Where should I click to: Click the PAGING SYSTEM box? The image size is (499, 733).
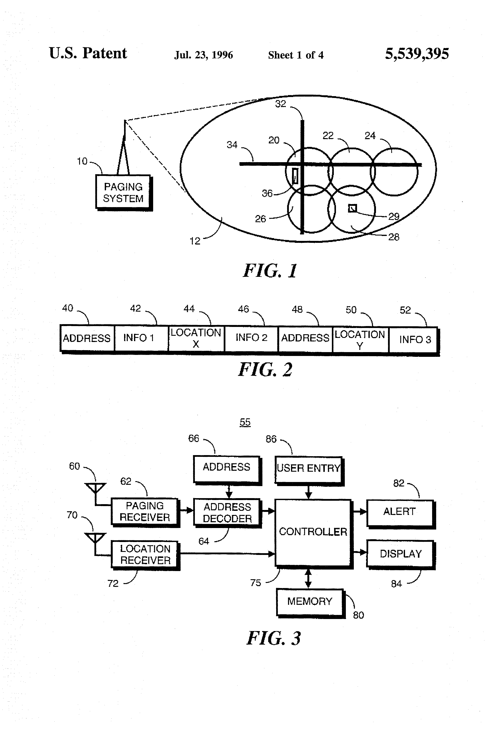tap(124, 193)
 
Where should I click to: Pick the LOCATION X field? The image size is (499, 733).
tap(196, 338)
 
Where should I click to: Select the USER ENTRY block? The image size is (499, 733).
tap(309, 470)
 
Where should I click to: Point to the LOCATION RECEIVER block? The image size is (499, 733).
tap(145, 555)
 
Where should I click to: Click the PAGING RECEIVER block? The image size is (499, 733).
tap(145, 512)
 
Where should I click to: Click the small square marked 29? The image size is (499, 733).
tap(352, 208)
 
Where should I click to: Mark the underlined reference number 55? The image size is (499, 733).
tap(245, 422)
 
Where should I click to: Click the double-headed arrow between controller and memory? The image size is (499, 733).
tap(308, 578)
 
